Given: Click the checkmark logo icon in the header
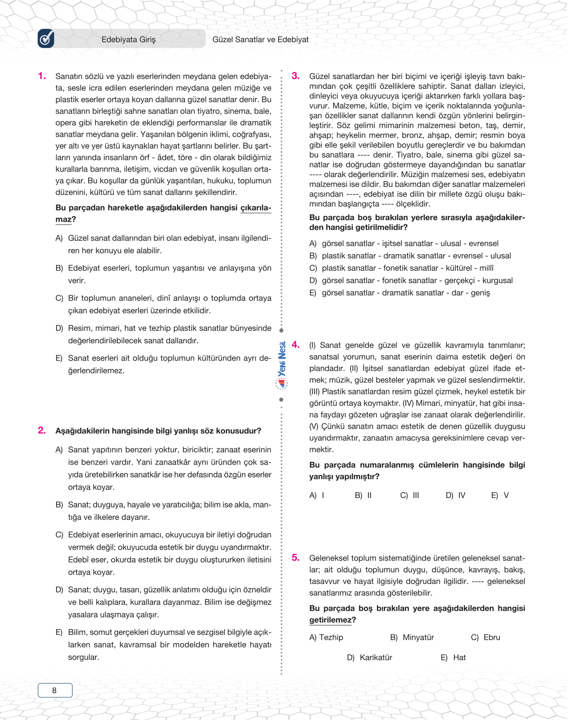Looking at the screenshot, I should pyautogui.click(x=46, y=39).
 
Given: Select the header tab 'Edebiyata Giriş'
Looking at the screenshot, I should pyautogui.click(x=128, y=39).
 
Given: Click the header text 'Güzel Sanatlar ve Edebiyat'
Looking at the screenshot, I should pyautogui.click(x=260, y=39).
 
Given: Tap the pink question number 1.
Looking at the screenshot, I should pyautogui.click(x=42, y=76).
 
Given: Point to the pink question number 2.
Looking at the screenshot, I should pyautogui.click(x=42, y=430).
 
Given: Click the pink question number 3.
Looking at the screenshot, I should pyautogui.click(x=295, y=76).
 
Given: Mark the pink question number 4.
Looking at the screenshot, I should pyautogui.click(x=295, y=345).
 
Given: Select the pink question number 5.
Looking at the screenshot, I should pyautogui.click(x=295, y=558).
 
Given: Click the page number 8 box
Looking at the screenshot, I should pyautogui.click(x=55, y=690).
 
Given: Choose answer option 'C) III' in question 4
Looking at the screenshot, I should pyautogui.click(x=409, y=495).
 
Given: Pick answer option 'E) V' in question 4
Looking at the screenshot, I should pyautogui.click(x=500, y=495).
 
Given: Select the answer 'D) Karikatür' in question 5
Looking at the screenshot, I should pyautogui.click(x=369, y=658).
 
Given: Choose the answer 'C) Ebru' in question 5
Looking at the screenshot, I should pyautogui.click(x=485, y=638).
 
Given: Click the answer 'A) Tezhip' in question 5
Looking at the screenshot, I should pyautogui.click(x=326, y=638).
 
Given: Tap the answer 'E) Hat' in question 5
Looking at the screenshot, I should pyautogui.click(x=453, y=658).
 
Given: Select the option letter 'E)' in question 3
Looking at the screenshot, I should pyautogui.click(x=313, y=293).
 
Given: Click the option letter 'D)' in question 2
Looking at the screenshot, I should pyautogui.click(x=59, y=590).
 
